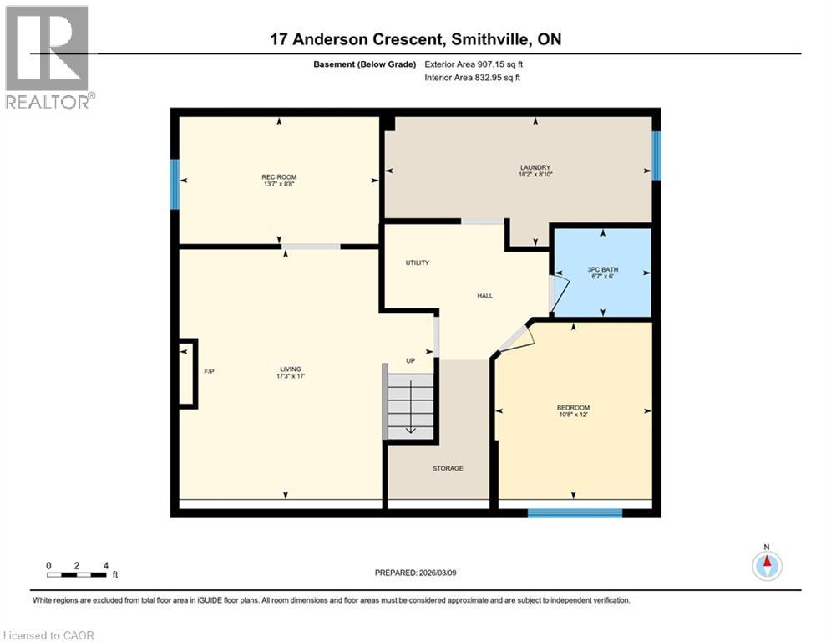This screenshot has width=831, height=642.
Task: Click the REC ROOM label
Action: click(x=279, y=177)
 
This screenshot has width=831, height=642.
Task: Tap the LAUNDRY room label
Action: click(x=535, y=167)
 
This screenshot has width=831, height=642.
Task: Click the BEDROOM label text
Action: click(x=573, y=408)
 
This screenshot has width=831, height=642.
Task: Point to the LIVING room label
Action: click(x=291, y=369)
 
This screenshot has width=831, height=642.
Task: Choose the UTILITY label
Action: click(x=418, y=262)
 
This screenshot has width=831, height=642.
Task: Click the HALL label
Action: click(x=485, y=296)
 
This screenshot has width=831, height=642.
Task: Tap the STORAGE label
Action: click(x=448, y=468)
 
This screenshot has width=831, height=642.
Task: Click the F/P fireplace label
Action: click(x=210, y=370)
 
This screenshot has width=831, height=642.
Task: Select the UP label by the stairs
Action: click(x=410, y=360)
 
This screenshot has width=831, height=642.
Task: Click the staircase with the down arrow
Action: click(x=410, y=406)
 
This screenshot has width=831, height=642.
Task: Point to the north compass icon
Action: click(x=766, y=565)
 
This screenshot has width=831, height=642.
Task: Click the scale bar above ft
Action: click(x=77, y=574)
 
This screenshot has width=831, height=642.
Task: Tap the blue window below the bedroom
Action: click(x=575, y=512)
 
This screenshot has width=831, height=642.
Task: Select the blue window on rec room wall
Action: click(x=175, y=177)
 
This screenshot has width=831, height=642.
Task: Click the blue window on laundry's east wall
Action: click(x=656, y=155)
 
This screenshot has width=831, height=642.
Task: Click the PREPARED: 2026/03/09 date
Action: click(x=414, y=573)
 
